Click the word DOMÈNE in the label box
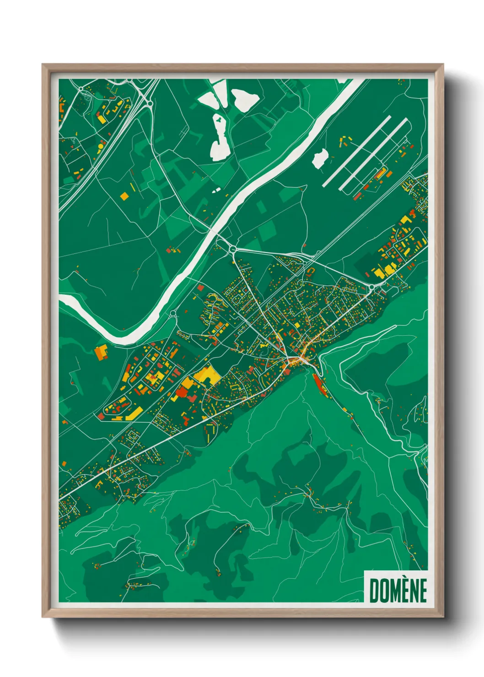398,590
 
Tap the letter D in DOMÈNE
374,591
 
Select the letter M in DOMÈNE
397,591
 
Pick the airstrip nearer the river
357,151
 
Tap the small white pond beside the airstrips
320,158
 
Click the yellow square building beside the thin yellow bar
124,196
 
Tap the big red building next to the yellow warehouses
182,391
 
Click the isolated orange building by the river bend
100,352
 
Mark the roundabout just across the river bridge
233,249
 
